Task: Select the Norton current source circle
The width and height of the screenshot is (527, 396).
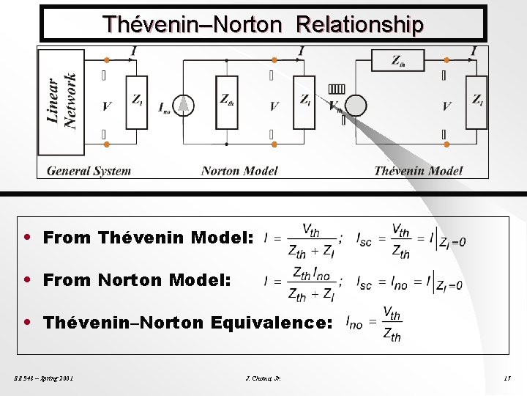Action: click(x=185, y=106)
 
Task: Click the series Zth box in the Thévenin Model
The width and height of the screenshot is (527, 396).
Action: click(x=398, y=61)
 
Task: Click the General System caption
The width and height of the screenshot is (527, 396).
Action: click(x=89, y=171)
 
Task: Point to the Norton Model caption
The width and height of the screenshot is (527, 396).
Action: click(x=239, y=171)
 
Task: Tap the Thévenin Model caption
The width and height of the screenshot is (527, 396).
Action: click(x=418, y=171)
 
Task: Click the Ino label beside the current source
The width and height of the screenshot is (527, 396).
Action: click(x=165, y=108)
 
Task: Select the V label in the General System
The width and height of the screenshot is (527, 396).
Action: click(x=107, y=107)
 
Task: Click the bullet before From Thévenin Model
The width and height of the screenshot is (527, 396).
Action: click(x=27, y=238)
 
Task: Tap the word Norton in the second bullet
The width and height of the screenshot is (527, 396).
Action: click(x=130, y=279)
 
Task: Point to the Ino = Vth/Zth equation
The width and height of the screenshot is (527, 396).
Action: click(x=373, y=323)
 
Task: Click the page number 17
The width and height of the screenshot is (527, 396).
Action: click(x=507, y=378)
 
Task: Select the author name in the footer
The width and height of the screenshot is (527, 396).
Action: click(x=264, y=378)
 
